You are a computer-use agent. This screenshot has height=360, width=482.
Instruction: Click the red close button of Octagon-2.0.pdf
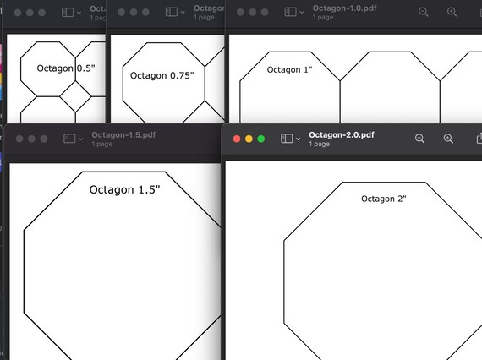coord(237,139)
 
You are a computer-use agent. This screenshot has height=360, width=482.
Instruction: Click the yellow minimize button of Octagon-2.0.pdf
coord(249,139)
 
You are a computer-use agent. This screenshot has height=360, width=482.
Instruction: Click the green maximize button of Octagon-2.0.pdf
coord(261,139)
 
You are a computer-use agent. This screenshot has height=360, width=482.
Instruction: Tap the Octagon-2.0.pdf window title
coord(342,134)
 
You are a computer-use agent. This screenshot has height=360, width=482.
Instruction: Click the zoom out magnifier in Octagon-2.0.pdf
coord(419,139)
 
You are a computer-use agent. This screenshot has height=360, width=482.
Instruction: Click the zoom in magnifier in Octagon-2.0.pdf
coord(449,139)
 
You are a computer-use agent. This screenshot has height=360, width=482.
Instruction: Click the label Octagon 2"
coord(384,199)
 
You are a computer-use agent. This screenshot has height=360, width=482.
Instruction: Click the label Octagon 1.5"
coord(124,189)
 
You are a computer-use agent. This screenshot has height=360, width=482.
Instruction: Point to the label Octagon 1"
coord(289,69)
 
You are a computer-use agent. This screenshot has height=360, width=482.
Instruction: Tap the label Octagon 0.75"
coord(162,75)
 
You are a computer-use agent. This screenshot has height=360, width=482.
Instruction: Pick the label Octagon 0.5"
coord(65,68)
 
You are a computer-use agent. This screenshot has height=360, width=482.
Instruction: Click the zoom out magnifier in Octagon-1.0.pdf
coord(424,13)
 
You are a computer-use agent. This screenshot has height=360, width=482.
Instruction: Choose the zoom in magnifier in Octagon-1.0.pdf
coord(452,13)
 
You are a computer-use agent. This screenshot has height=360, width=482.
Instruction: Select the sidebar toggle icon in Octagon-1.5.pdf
coord(68,139)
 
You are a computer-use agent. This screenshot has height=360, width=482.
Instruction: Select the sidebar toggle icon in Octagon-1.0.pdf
coord(290,13)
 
